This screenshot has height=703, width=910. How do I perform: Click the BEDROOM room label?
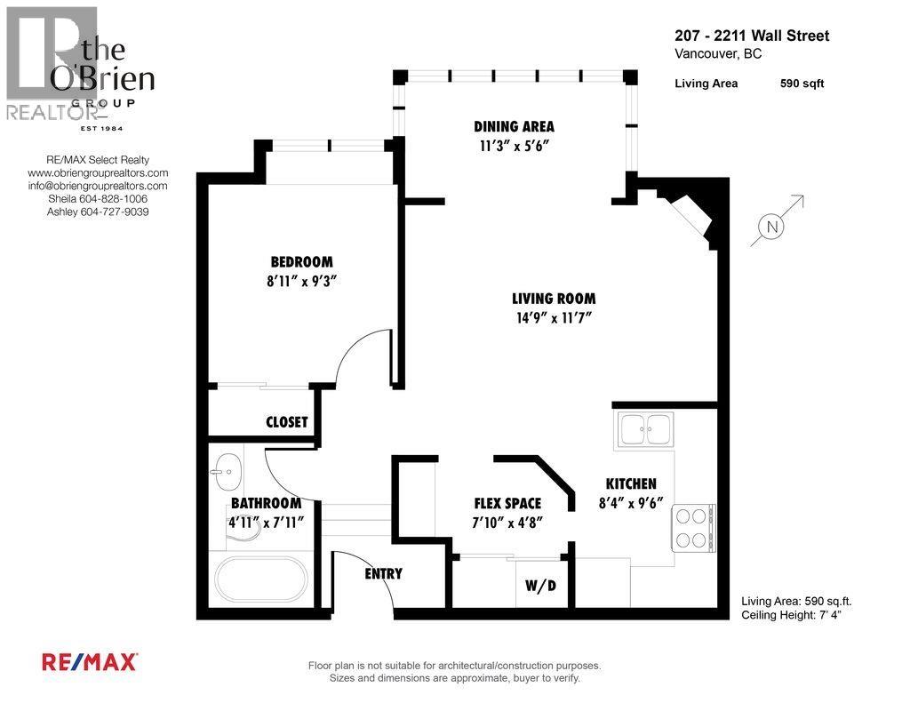(301, 261)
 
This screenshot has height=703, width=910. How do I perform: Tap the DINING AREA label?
(514, 126)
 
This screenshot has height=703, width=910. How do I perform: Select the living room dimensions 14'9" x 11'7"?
(553, 317)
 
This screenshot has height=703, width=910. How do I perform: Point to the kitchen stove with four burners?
(692, 528)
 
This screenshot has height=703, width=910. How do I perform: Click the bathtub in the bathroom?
(259, 579)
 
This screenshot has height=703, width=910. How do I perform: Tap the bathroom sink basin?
(228, 469)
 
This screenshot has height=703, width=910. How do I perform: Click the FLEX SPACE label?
(507, 503)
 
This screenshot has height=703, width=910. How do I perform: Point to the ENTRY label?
(383, 573)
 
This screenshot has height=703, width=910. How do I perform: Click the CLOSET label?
(286, 421)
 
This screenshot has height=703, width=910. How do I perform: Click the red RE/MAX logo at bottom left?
(90, 661)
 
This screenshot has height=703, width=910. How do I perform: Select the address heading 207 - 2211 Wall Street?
(752, 36)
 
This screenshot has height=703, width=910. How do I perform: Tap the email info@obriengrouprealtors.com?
(97, 186)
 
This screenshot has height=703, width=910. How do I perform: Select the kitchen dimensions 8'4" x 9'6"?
(631, 501)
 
